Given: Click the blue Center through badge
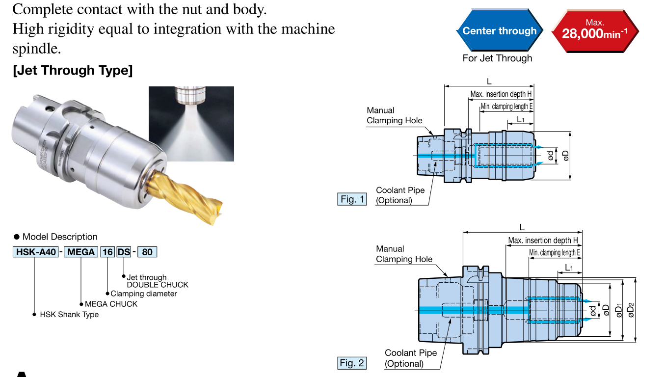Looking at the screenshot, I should pos(500,31).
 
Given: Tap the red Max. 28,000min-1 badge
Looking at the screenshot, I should pos(595,31).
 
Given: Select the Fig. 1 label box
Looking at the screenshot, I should pos(352,199).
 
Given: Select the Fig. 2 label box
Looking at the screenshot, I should pos(352,363).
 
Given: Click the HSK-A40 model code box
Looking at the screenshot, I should pos(36,252).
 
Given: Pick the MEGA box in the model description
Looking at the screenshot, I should pos(80,252).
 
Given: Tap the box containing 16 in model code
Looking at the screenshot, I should pos(107,252).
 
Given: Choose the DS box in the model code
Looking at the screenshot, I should pos(124,252).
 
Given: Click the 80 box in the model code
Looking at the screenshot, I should pos(147,252).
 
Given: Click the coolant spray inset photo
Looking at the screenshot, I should pos(191,124).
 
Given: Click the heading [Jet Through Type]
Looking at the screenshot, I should pos(73,71).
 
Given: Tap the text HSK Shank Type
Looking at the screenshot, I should pos(69,315).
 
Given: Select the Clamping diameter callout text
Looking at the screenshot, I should pos(144,294).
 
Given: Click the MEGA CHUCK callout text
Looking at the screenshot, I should pos(111,304).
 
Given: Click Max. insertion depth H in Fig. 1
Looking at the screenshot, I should pos(501,94).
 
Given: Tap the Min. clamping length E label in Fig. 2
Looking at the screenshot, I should pos(555,253).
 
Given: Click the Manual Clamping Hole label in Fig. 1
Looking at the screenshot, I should pos(394,115).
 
